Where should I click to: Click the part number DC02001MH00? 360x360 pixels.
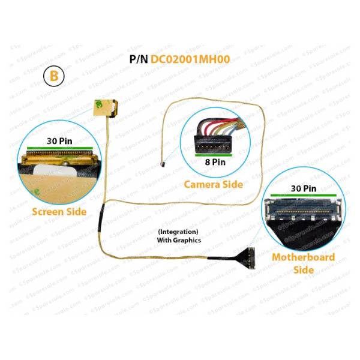[190, 59]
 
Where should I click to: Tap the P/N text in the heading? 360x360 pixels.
[139, 59]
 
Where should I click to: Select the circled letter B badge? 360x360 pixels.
[54, 76]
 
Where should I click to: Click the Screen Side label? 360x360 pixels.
[59, 212]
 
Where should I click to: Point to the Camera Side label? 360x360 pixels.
[214, 184]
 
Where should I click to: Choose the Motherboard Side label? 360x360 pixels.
[304, 263]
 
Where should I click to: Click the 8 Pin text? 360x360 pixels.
[215, 162]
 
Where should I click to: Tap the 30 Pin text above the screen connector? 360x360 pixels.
[59, 141]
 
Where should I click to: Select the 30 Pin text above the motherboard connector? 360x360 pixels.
[304, 188]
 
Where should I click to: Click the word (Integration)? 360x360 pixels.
[178, 232]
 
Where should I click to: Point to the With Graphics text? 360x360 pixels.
[179, 240]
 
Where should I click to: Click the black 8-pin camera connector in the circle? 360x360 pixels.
[213, 143]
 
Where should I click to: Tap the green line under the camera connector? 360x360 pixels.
[214, 155]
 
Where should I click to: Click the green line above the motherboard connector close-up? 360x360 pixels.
[304, 196]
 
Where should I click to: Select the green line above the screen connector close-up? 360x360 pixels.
[60, 148]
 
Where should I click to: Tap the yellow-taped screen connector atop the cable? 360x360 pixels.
[106, 109]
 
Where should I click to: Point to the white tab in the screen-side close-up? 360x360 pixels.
[54, 170]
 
